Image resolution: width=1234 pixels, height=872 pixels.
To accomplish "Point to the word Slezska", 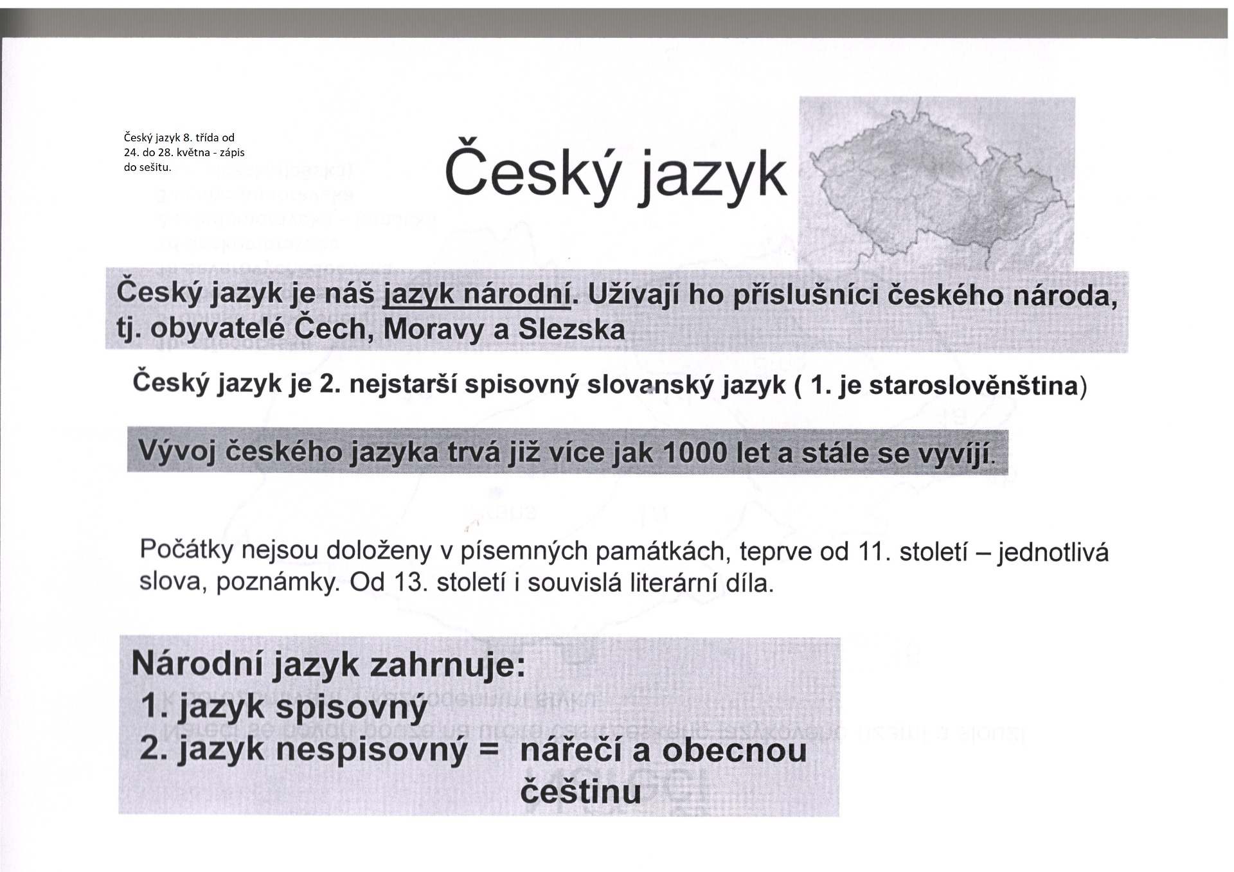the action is pos(571,330).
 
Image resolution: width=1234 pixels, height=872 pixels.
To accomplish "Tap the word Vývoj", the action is pos(177,452).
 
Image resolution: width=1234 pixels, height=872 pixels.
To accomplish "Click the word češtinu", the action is pos(580,792).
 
